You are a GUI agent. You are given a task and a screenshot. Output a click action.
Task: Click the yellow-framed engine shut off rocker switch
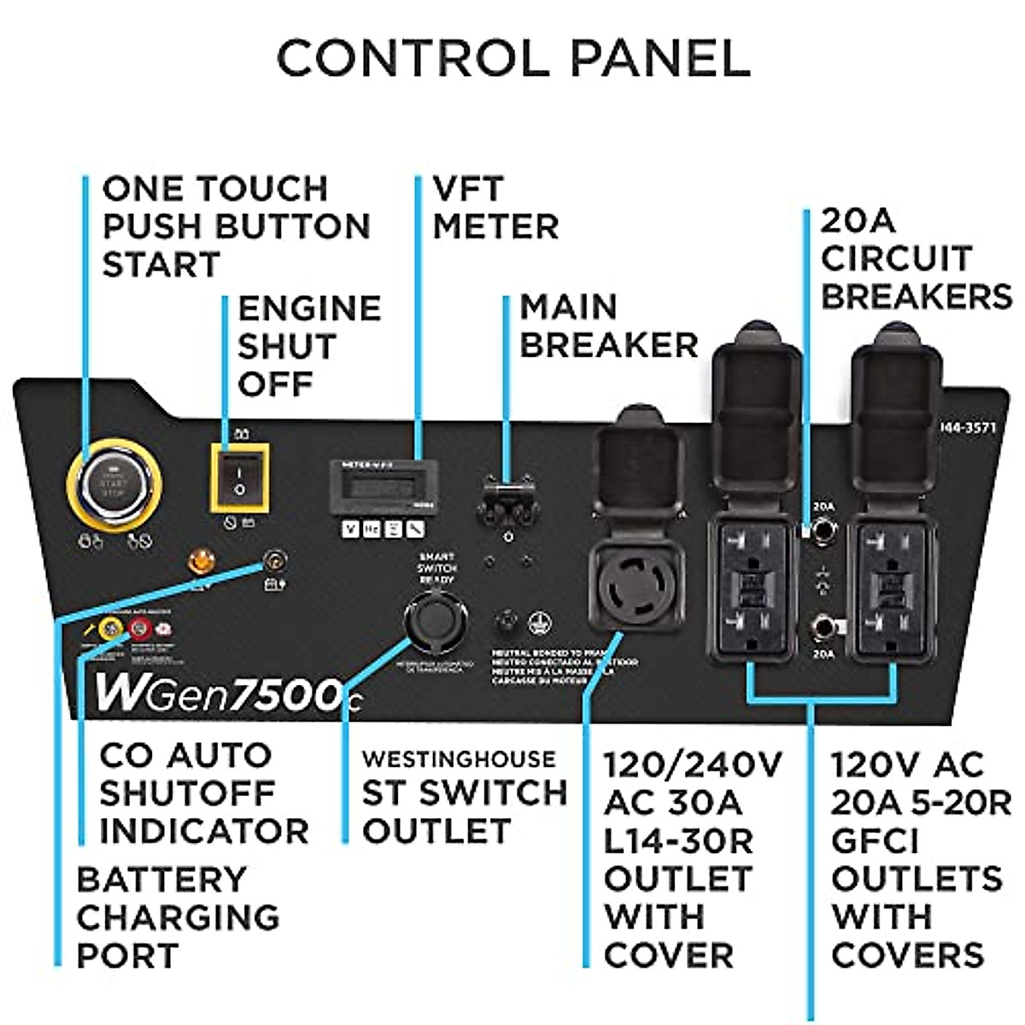click(x=240, y=477)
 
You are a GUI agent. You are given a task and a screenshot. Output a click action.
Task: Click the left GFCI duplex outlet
click(x=752, y=589)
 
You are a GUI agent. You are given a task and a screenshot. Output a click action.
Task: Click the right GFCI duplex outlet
click(x=890, y=589)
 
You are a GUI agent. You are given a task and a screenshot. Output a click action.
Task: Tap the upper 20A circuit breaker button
click(x=823, y=532)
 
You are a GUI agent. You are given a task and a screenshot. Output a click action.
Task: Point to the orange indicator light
click(x=202, y=562)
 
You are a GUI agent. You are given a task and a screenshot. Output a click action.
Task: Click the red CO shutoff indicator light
click(x=138, y=630)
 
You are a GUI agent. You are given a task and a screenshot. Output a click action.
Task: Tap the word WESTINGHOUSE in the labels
click(x=459, y=758)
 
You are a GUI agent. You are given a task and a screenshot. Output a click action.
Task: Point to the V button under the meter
click(x=349, y=530)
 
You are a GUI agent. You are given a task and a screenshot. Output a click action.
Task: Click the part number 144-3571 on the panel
click(x=968, y=427)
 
